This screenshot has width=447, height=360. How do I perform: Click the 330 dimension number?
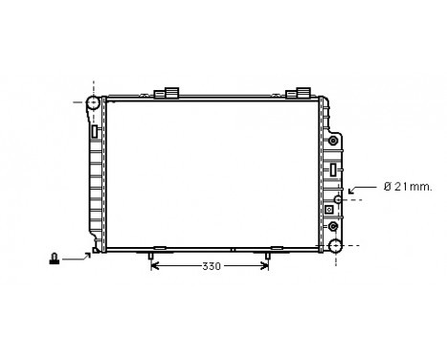pyautogui.click(x=211, y=265)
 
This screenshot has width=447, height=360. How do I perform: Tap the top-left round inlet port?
pyautogui.click(x=93, y=103)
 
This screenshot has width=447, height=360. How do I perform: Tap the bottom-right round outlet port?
pyautogui.click(x=336, y=245)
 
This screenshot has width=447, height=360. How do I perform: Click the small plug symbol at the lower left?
pyautogui.click(x=56, y=256)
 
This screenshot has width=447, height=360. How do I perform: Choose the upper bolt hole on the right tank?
pyautogui.click(x=332, y=140)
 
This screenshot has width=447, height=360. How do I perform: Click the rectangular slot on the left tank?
pyautogui.click(x=95, y=131)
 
